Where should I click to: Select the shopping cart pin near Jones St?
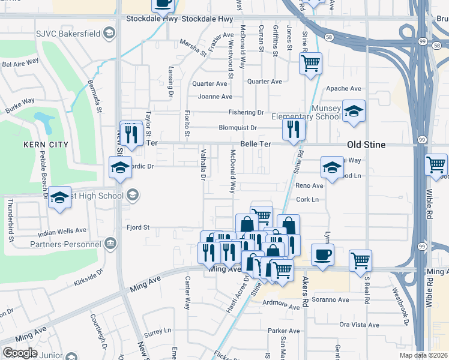click(x=310, y=63)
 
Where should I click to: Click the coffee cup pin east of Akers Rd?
click(x=322, y=254)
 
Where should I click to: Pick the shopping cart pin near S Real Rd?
click(x=360, y=260)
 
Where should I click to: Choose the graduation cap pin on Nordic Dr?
click(x=120, y=167)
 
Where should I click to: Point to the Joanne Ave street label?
click(x=215, y=97)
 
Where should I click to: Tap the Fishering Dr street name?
click(x=246, y=112)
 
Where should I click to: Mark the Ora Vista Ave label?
click(x=359, y=325)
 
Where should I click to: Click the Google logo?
click(x=20, y=353)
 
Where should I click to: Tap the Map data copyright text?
click(x=423, y=355)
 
